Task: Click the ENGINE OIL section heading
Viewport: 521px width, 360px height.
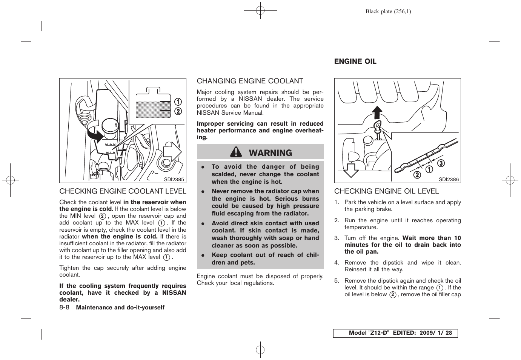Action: (x=355, y=62)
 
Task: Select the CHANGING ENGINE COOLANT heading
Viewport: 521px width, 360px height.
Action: (x=250, y=81)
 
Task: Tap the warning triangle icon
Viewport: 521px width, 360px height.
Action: (x=236, y=152)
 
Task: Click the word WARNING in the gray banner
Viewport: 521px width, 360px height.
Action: (x=270, y=153)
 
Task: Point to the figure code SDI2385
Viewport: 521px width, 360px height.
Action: (x=174, y=179)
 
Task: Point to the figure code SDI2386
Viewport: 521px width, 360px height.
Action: (x=449, y=180)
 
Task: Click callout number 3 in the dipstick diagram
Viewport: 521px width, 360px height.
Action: (x=441, y=163)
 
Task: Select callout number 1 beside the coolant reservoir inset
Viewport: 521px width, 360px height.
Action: (x=177, y=102)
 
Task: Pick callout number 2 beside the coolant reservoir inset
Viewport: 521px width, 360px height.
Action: (x=177, y=111)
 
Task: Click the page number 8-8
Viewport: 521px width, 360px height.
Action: (x=64, y=307)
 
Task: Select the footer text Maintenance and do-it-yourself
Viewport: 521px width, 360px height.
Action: (x=120, y=308)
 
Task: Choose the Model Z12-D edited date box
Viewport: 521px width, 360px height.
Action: (x=395, y=333)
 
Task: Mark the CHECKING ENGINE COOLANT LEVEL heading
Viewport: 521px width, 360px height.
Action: (x=123, y=191)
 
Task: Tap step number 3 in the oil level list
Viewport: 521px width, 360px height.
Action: (x=336, y=238)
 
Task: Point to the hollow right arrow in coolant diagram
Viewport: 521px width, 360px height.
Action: (x=172, y=152)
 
